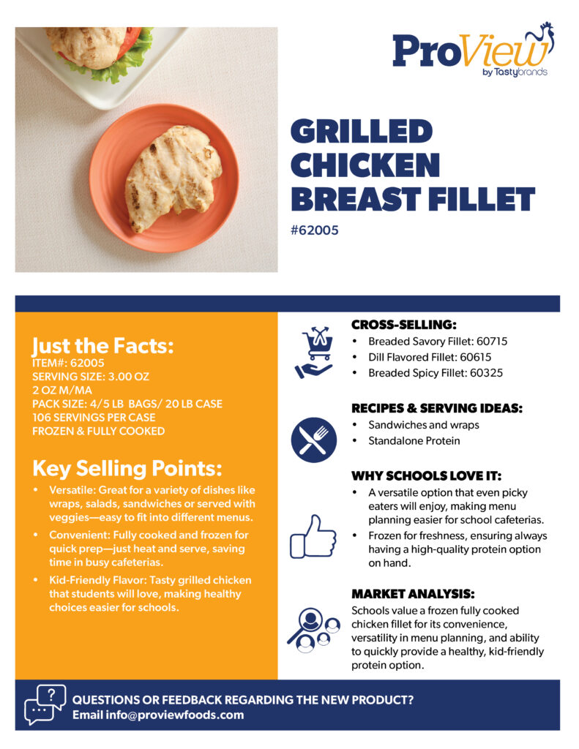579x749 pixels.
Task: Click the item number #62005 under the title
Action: coord(315,230)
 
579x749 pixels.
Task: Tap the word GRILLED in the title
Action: coord(362,132)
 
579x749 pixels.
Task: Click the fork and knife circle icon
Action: coord(313,440)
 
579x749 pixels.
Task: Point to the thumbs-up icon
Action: coord(313,537)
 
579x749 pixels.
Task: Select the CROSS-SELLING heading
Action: coord(404,325)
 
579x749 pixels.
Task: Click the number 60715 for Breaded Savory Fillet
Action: coord(492,342)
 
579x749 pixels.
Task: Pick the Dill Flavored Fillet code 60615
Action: coord(475,357)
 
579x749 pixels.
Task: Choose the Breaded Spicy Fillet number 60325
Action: coord(486,373)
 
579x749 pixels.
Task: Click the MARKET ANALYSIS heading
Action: coord(413,594)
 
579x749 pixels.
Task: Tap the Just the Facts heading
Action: coord(102,345)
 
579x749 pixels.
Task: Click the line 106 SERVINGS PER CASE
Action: coord(94,418)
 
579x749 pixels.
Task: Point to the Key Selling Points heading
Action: coord(127,469)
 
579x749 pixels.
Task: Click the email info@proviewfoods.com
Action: coord(174,715)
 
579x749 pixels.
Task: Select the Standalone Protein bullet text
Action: coord(414,441)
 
